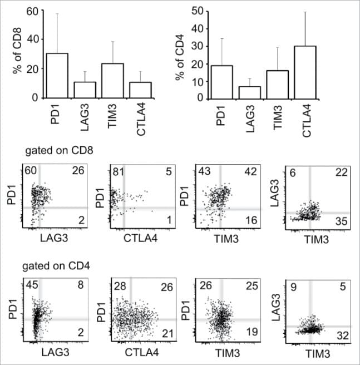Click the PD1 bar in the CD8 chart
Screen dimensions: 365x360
(57, 76)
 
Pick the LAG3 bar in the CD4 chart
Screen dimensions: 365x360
(250, 92)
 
